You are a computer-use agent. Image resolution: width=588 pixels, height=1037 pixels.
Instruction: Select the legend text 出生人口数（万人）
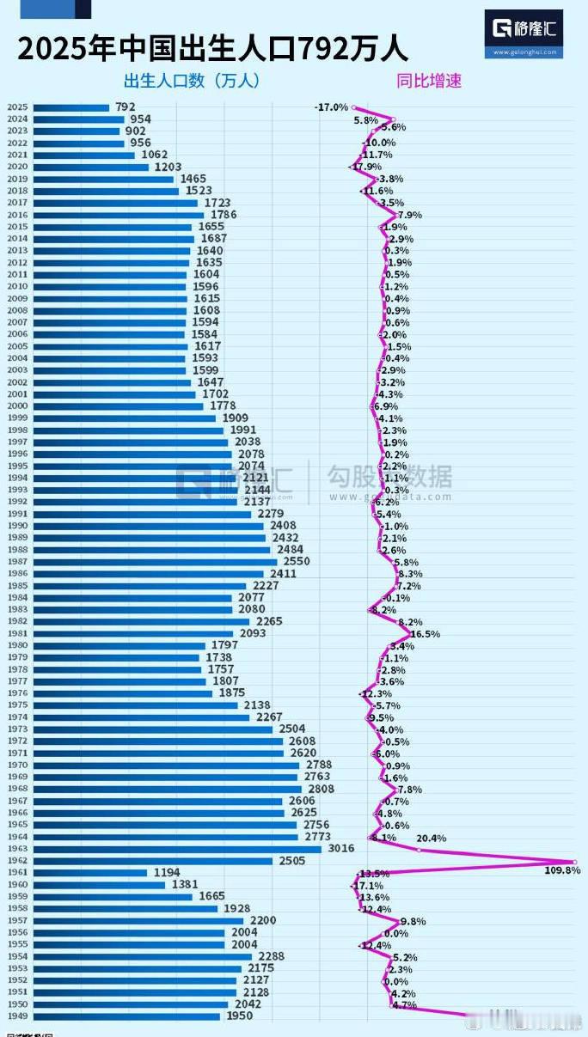coord(191,82)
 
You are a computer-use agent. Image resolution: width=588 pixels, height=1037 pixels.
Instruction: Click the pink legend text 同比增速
coord(429,82)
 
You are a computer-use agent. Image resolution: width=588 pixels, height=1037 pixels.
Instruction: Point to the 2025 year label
coord(18,107)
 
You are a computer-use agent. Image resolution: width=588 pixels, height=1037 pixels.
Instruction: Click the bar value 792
coord(124,107)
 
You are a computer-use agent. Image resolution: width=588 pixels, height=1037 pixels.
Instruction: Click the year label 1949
coord(18,1016)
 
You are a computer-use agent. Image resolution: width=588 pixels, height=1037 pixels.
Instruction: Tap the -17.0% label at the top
coord(331,107)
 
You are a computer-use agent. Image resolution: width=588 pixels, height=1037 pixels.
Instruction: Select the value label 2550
coord(296,561)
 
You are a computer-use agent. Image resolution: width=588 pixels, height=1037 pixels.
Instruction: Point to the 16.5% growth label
coord(425,634)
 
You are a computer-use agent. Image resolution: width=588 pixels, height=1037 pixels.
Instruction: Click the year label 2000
coord(18,406)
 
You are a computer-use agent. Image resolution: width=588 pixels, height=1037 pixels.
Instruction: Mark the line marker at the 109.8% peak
coord(574,861)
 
